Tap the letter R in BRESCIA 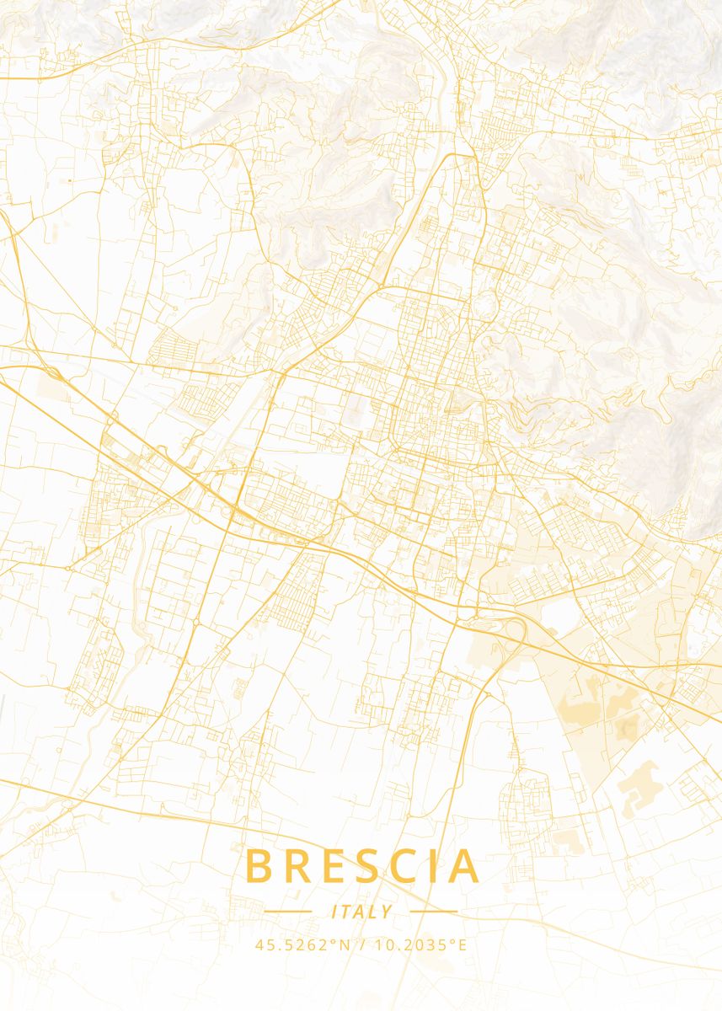click(298, 866)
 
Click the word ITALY click(361, 912)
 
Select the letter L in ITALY click(373, 912)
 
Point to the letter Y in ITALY click(387, 912)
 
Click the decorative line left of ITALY click(287, 912)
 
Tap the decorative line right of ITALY click(435, 912)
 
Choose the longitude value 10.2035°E click(420, 945)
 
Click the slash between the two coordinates click(361, 945)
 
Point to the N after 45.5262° click(345, 945)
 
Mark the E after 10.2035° click(462, 945)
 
